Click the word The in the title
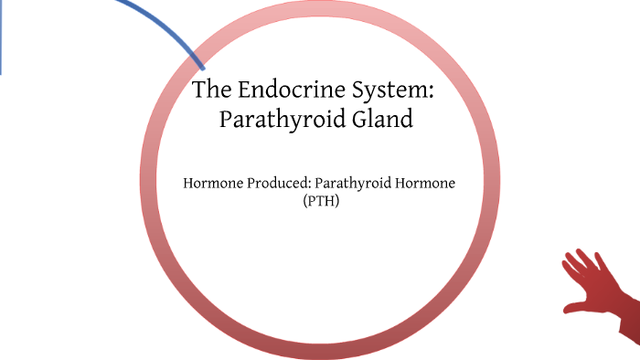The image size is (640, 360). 212,91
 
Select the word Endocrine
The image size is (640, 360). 284,91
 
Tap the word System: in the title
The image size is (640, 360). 394,92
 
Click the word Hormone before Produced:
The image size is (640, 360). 214,184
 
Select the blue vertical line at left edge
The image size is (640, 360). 1,37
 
